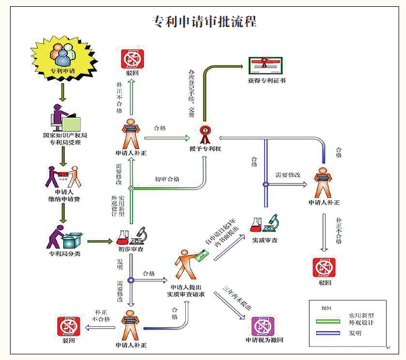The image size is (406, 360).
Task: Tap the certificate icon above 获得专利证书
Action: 267,65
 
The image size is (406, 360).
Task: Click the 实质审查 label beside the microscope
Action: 264,240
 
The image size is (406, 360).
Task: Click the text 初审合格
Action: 167,179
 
